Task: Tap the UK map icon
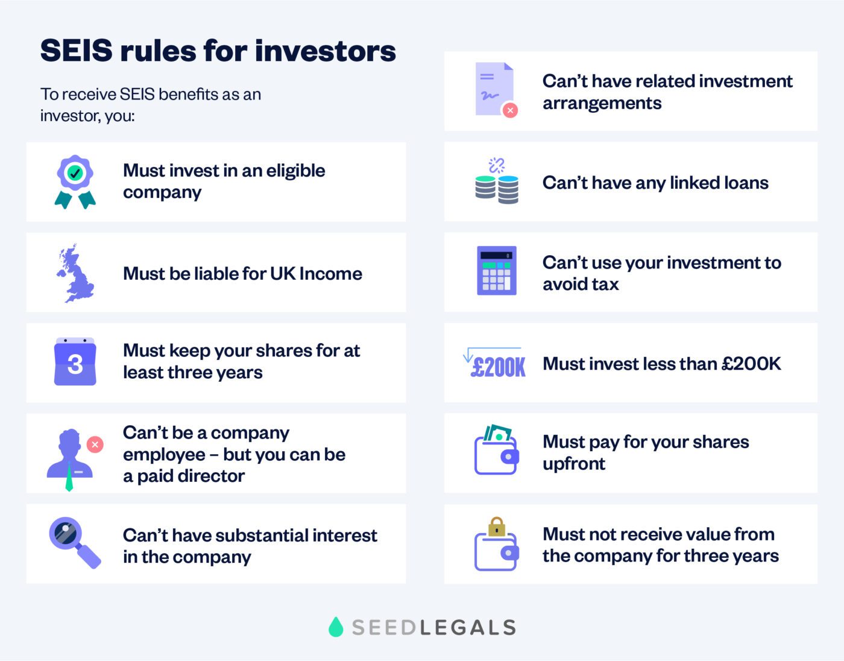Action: tap(75, 273)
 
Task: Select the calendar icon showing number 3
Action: tap(75, 362)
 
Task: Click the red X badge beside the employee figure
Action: tap(95, 444)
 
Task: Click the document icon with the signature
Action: tap(494, 89)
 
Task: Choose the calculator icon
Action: tap(497, 271)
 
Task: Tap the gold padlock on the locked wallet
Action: tap(496, 526)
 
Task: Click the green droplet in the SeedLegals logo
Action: tap(336, 627)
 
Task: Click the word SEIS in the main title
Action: tap(76, 51)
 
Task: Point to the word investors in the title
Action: tap(325, 51)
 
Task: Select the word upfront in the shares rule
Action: tap(573, 464)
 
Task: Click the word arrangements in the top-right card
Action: tap(602, 103)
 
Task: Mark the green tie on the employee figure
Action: tap(69, 477)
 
